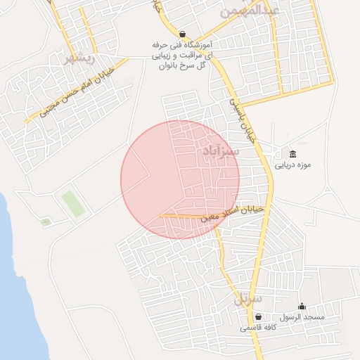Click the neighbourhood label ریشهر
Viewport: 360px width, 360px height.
tap(78, 58)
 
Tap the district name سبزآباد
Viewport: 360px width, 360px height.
tap(221, 150)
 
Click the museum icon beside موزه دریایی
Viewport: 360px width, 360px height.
tap(292, 155)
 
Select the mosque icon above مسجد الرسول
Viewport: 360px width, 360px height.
tap(302, 307)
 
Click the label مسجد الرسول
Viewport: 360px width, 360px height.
tap(302, 318)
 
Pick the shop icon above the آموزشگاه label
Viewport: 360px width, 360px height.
tap(183, 34)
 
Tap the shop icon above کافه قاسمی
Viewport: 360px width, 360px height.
tap(259, 317)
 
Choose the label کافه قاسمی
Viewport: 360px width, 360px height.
tap(258, 328)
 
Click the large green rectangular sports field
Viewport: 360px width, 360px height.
tap(72, 203)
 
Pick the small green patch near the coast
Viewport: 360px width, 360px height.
tap(46, 222)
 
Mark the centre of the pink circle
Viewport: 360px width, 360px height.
tap(180, 179)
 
